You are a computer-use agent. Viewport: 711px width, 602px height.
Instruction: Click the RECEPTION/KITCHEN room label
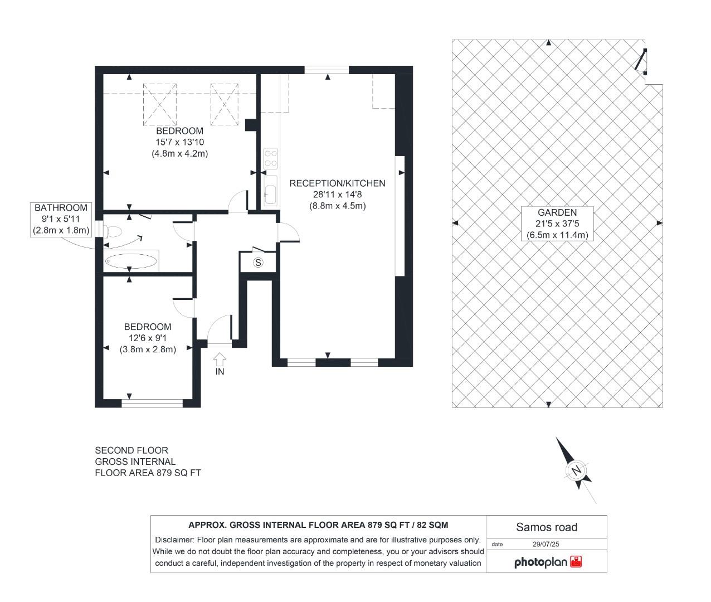[337, 183]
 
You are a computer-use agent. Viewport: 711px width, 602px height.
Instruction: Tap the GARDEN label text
[557, 212]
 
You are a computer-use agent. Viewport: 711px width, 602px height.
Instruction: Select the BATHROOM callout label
[61, 208]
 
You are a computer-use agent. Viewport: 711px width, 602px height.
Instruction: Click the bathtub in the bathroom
[131, 261]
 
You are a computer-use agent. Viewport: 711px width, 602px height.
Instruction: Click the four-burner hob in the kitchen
[271, 158]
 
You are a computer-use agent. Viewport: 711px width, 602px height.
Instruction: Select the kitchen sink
[270, 190]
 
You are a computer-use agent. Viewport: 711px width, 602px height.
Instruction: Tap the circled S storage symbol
[257, 263]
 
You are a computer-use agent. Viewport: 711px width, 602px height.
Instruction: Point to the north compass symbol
[577, 470]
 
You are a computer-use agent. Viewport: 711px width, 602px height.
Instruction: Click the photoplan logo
[547, 562]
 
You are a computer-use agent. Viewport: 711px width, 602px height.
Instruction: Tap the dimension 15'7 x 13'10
[179, 142]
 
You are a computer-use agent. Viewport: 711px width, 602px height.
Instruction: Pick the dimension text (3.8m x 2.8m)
[148, 349]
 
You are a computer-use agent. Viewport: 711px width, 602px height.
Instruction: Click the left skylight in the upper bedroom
[160, 104]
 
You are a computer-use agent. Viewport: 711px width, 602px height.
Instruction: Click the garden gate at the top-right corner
[641, 61]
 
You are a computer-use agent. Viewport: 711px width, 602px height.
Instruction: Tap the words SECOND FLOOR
[131, 450]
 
